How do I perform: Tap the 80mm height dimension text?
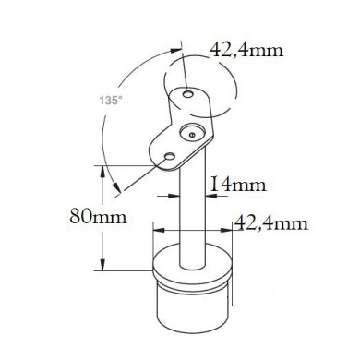pos(98,216)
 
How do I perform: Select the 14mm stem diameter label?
pos(238,185)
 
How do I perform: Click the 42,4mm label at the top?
pos(246,50)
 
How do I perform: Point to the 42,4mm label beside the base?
pos(271,223)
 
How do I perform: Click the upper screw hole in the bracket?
pos(187,94)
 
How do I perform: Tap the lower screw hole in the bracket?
pos(169,157)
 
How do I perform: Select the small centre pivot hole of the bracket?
pos(192,134)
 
